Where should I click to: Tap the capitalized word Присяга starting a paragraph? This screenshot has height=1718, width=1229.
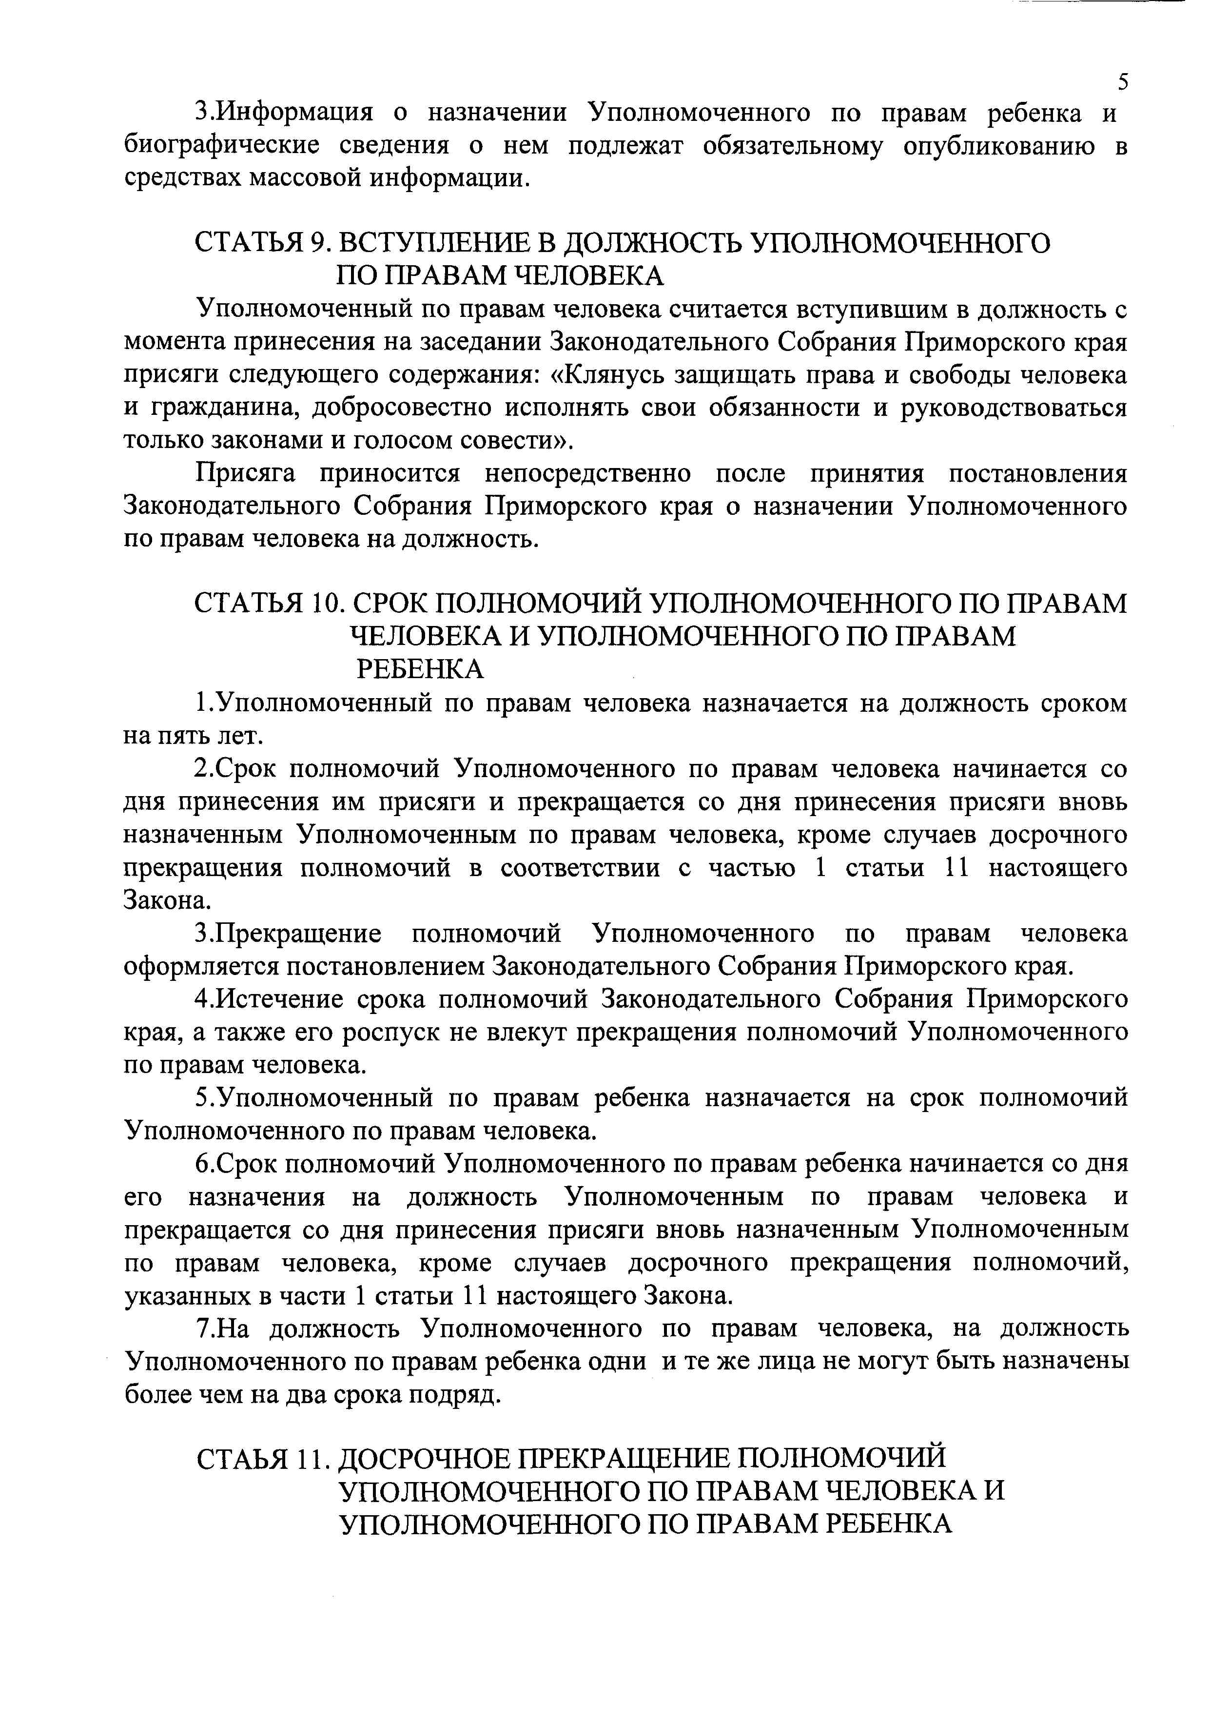point(250,474)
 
